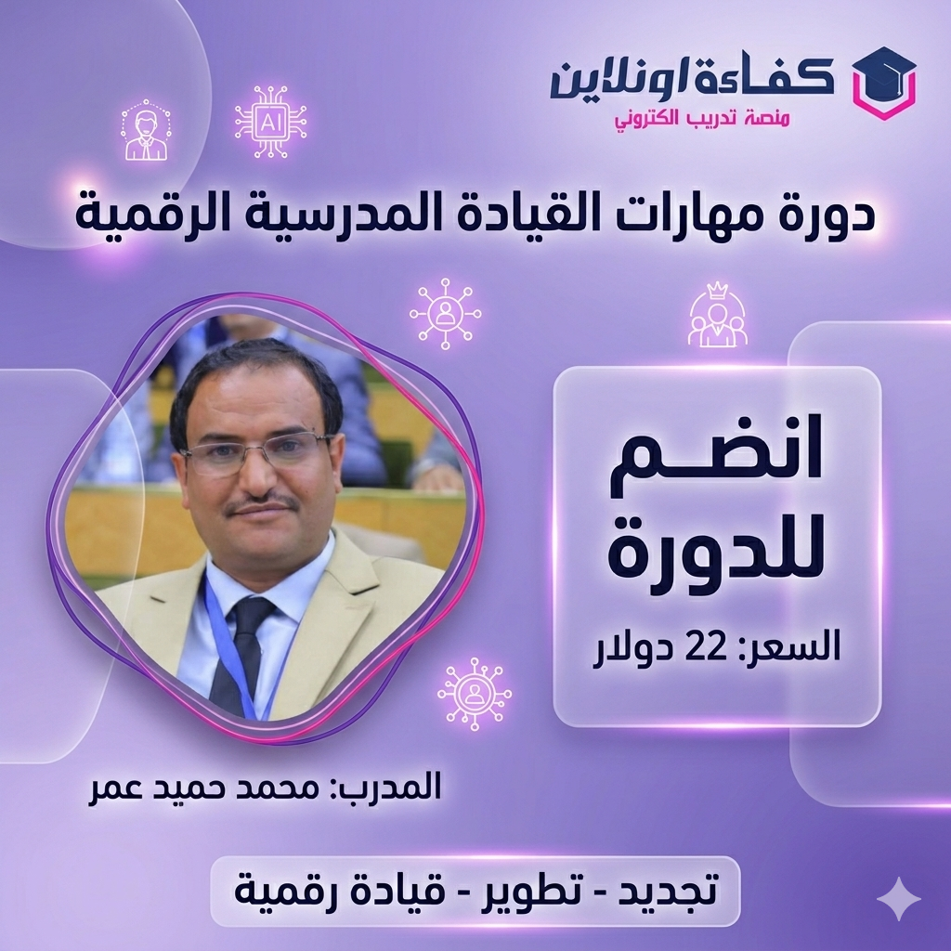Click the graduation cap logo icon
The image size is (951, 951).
click(x=877, y=83)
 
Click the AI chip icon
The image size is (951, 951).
click(x=270, y=121)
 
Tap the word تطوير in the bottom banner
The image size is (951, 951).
click(x=528, y=891)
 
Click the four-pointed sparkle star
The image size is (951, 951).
click(x=898, y=898)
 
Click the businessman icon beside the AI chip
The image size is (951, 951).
click(x=146, y=132)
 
